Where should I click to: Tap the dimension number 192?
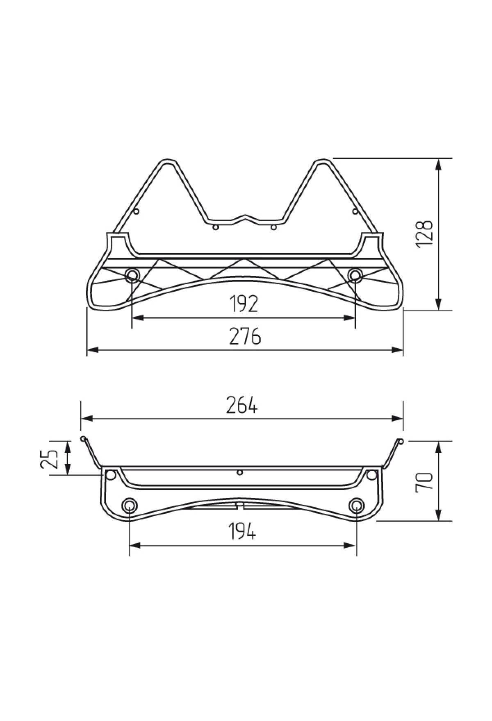[244, 304]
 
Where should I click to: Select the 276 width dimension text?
[245, 337]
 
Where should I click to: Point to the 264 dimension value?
[242, 406]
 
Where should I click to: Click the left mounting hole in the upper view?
[132, 275]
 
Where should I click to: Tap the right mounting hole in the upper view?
[355, 275]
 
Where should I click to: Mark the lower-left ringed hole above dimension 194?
[129, 505]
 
